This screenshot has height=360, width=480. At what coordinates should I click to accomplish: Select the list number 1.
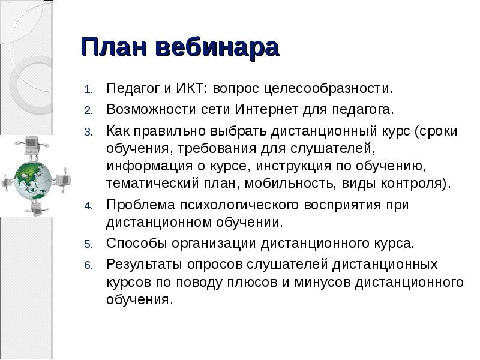click(88, 91)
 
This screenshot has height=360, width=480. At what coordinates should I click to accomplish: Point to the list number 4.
click(88, 206)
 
